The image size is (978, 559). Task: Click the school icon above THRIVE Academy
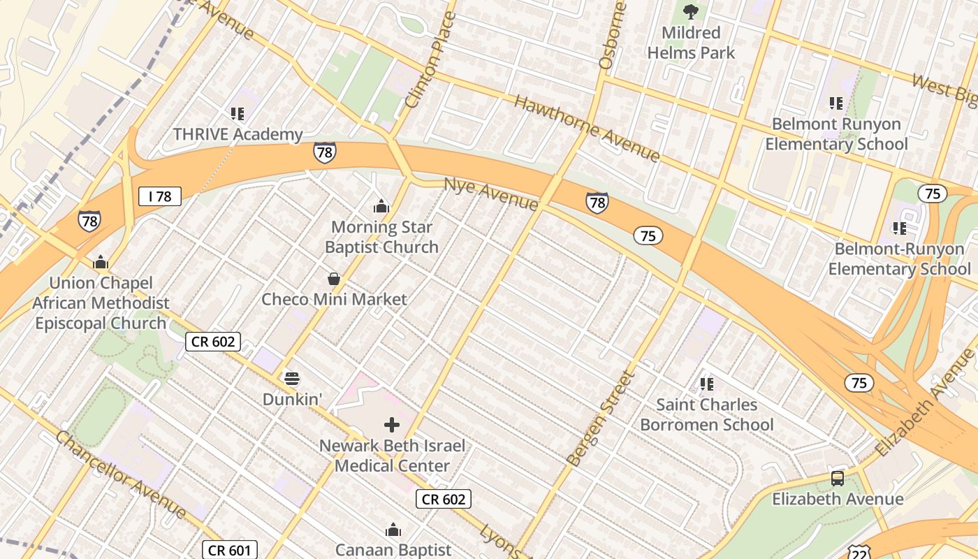[x=237, y=113]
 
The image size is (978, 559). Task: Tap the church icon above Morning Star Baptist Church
[x=381, y=206]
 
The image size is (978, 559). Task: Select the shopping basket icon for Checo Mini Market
[x=334, y=279]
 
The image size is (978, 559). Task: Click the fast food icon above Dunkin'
[x=292, y=379]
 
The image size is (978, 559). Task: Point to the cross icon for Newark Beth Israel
[x=392, y=425]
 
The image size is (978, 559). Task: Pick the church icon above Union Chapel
[x=101, y=262]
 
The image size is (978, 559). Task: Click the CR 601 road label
[x=230, y=550]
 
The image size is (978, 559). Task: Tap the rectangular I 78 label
[x=159, y=196]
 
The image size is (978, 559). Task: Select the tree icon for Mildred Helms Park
[x=691, y=12]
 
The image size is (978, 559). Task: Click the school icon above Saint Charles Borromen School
[x=706, y=384]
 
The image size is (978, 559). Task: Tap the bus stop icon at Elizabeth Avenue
[x=837, y=479]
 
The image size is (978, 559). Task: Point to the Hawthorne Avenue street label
[x=587, y=129]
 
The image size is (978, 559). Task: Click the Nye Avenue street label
[x=492, y=194]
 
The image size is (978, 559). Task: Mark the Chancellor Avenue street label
[x=120, y=475]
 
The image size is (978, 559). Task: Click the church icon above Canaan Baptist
[x=393, y=530]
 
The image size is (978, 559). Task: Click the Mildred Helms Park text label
[x=691, y=43]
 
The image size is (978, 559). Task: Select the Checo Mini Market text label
[x=334, y=300]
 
